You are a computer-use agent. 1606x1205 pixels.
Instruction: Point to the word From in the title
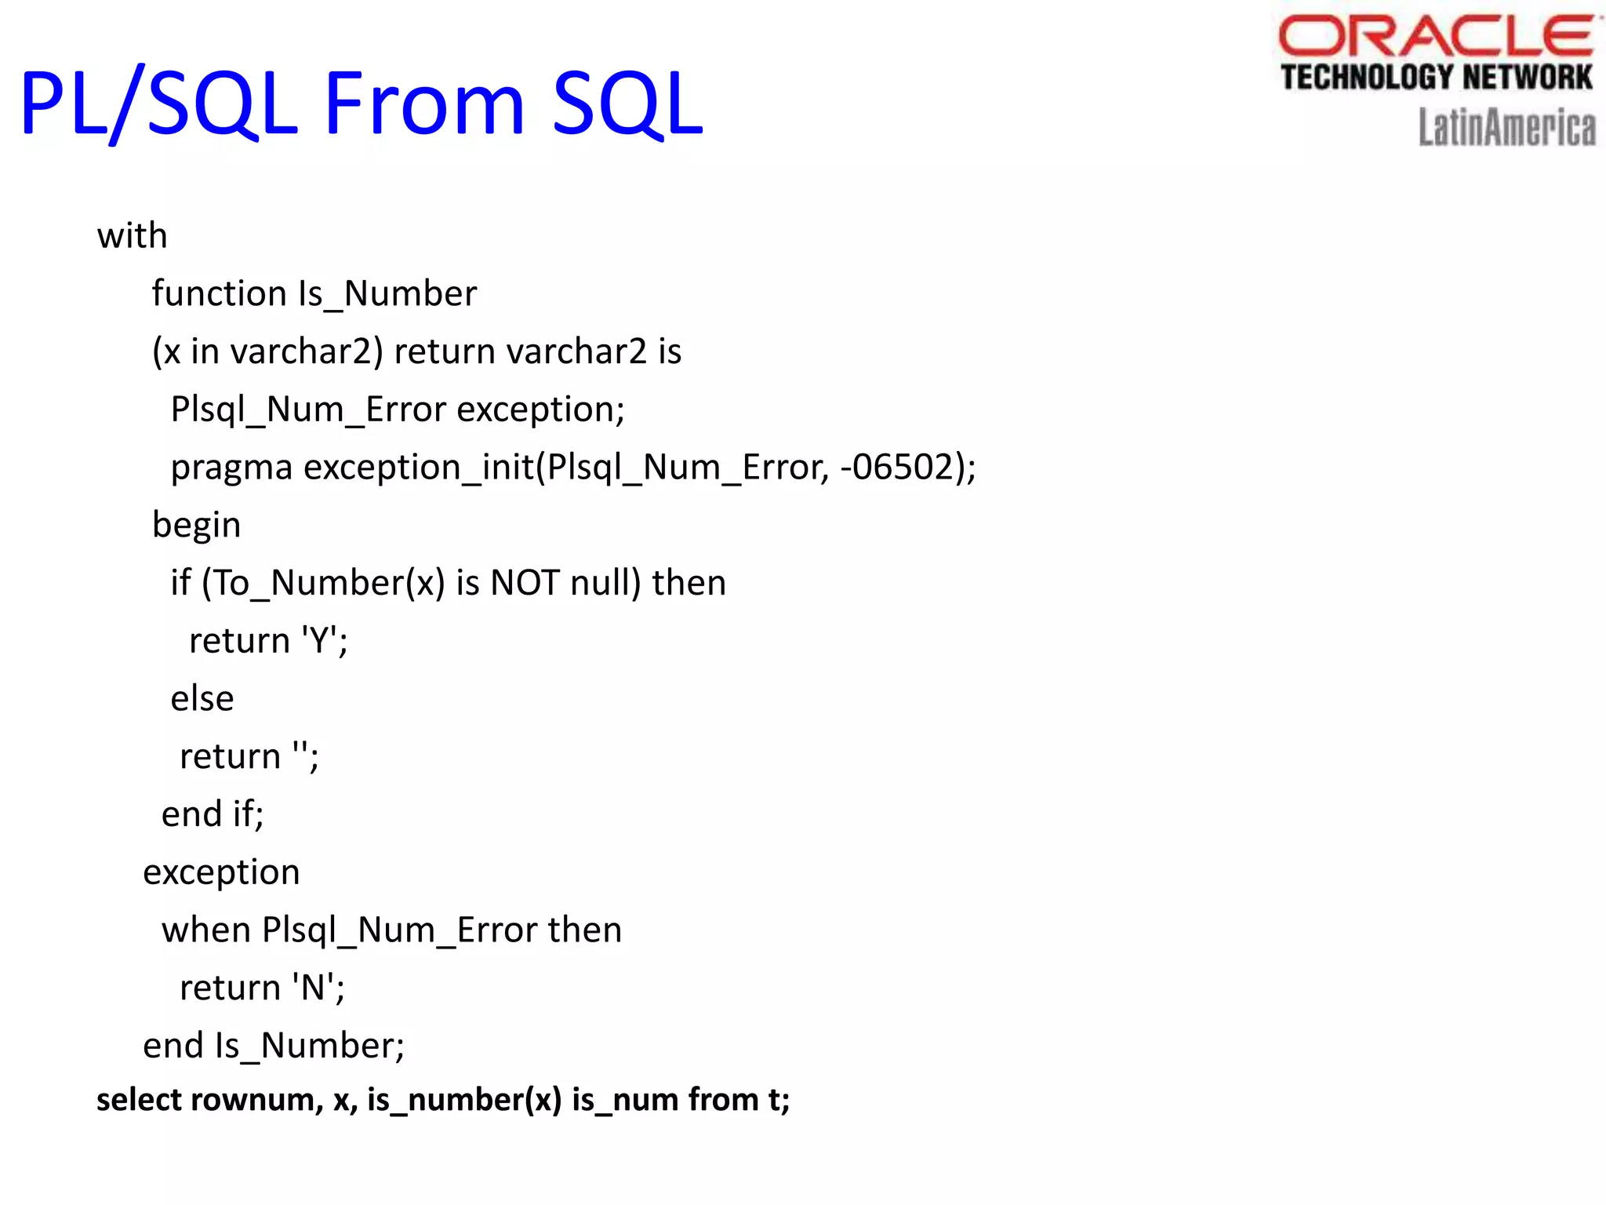tap(423, 104)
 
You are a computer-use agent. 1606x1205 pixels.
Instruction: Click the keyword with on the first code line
tap(132, 236)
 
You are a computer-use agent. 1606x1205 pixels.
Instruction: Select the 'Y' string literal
tap(319, 642)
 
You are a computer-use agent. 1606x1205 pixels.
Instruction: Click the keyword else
tap(202, 699)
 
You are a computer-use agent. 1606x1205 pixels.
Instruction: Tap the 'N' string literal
tap(314, 988)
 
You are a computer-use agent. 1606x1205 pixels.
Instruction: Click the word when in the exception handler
tap(206, 930)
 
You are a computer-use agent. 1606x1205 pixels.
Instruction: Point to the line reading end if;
tap(212, 814)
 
